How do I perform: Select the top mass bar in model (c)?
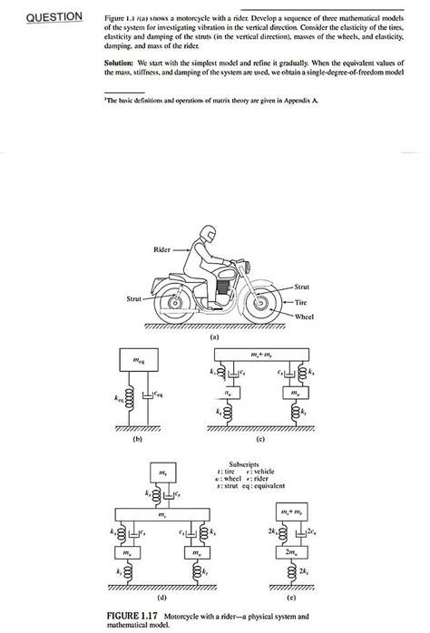point(259,353)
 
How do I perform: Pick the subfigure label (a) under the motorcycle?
point(215,336)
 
